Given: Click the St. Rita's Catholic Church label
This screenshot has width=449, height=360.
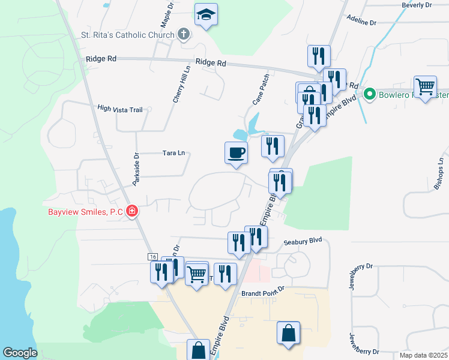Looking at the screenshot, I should tap(128, 34).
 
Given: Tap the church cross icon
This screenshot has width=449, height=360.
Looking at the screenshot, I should tap(184, 34).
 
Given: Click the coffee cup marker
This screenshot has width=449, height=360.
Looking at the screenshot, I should tap(236, 152).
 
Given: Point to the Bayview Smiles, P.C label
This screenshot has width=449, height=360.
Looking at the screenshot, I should tap(86, 212).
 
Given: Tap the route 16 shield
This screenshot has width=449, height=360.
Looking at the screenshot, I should tap(152, 256).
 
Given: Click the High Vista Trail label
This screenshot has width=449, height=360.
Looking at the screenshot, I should tap(120, 109).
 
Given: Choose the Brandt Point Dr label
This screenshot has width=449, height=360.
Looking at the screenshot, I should tap(262, 294).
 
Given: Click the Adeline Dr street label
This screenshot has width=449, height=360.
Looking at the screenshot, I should tap(361, 22).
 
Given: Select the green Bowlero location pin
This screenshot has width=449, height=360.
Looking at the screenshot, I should tap(370, 94).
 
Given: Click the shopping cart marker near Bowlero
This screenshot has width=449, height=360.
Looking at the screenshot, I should tap(425, 88).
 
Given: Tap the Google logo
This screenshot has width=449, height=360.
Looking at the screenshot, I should tap(20, 353).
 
